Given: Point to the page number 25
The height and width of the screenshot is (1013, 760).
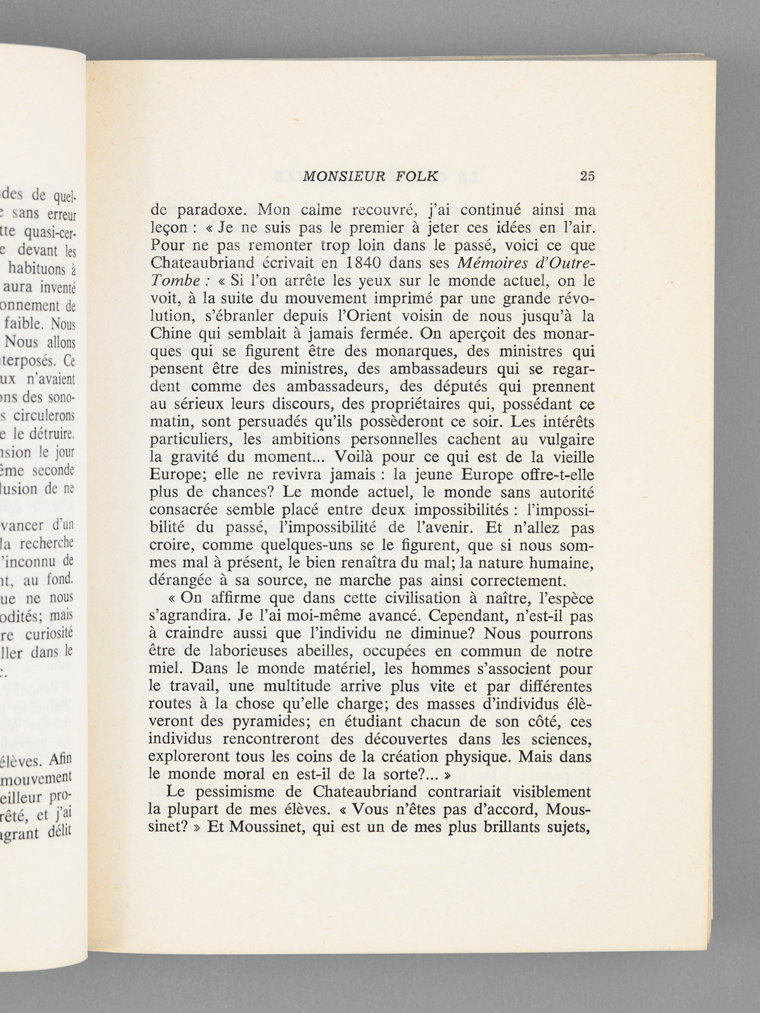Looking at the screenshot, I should pyautogui.click(x=587, y=176).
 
